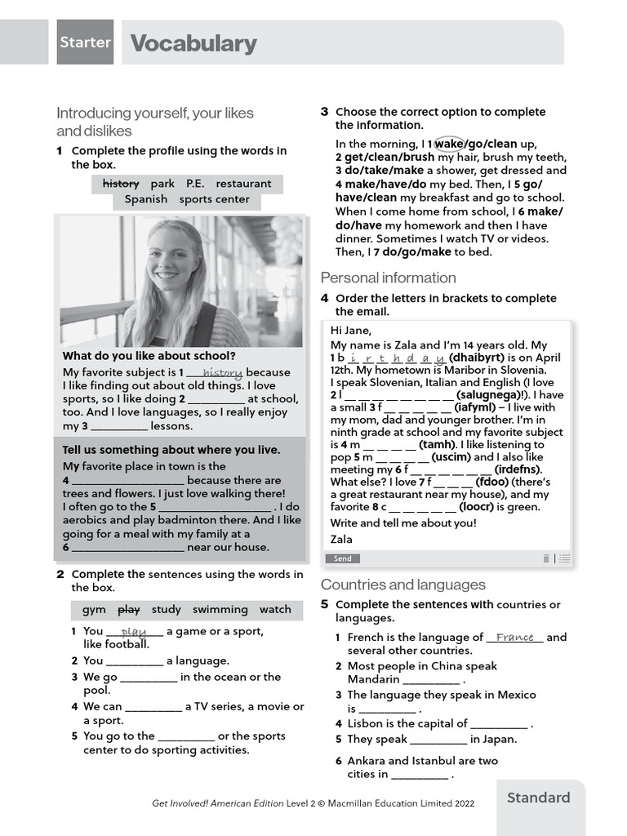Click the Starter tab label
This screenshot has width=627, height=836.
click(x=85, y=42)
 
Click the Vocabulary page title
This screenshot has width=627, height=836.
click(x=193, y=43)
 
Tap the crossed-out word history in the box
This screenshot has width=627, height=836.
click(x=120, y=184)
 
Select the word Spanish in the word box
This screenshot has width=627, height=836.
click(x=145, y=199)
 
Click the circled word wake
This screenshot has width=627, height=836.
click(x=448, y=144)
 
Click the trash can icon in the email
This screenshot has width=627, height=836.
click(x=546, y=558)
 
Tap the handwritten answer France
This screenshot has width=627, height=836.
click(x=514, y=637)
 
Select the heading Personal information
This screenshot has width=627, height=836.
click(x=388, y=278)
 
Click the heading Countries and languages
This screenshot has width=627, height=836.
click(x=402, y=585)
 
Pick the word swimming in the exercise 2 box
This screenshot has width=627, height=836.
click(x=220, y=609)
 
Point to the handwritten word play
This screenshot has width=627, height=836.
click(x=133, y=631)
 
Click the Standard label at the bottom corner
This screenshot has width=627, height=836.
click(x=538, y=798)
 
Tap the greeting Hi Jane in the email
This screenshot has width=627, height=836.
click(x=350, y=331)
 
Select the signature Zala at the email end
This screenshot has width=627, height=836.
click(x=341, y=539)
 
